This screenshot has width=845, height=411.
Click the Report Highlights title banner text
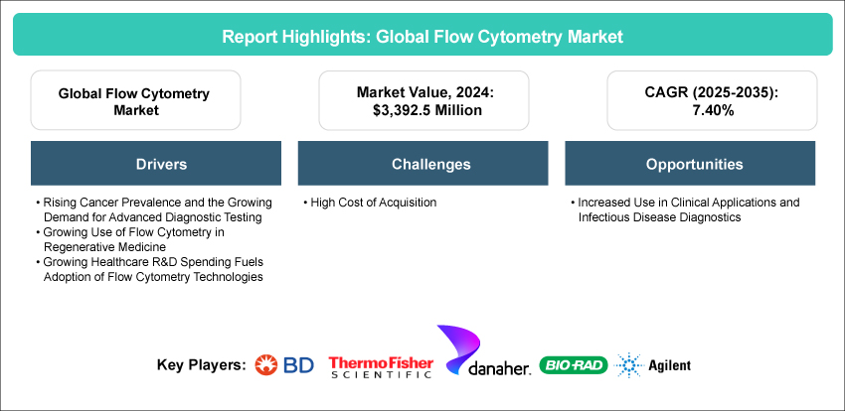tap(422, 36)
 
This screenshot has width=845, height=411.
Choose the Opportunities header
tap(685, 164)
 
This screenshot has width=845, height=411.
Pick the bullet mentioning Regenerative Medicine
tap(140, 238)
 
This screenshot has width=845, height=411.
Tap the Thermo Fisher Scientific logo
tap(380, 365)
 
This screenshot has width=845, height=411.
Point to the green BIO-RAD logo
tap(572, 365)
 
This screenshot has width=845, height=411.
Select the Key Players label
tap(201, 365)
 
